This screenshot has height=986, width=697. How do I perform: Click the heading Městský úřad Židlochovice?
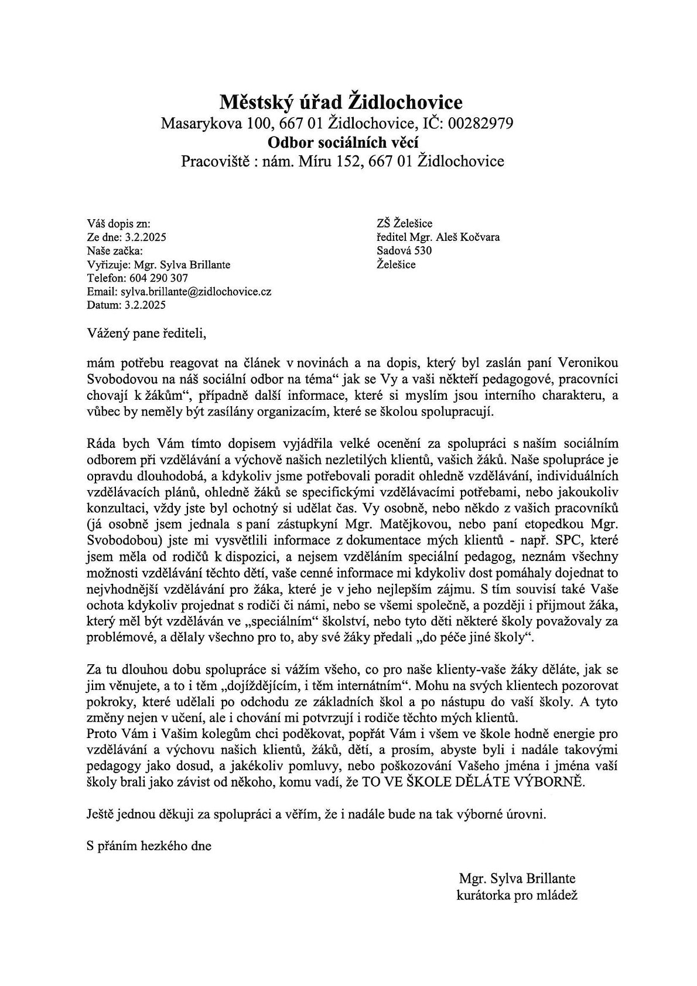341,103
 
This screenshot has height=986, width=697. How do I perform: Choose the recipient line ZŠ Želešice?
405,223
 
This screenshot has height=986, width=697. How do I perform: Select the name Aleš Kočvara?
473,237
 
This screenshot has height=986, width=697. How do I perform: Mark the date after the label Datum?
144,305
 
